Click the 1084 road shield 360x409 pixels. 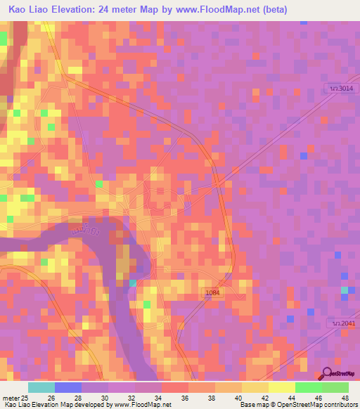click(x=213, y=291)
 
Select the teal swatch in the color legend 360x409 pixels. click(x=41, y=387)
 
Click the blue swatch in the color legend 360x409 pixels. click(x=67, y=387)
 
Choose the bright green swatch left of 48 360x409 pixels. click(x=335, y=387)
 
